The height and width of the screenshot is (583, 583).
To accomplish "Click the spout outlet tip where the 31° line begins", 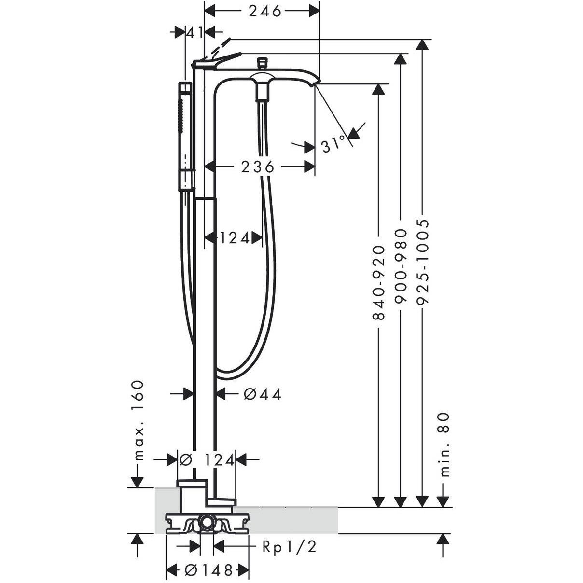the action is pos(315,85).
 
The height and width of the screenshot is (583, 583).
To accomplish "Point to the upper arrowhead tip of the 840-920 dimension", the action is pos(378,84).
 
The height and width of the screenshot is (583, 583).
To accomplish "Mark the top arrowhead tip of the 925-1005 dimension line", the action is pos(422,40).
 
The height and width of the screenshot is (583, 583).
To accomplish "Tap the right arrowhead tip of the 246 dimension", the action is pos(319,12).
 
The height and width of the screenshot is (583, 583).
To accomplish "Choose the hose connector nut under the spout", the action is pos(262,92).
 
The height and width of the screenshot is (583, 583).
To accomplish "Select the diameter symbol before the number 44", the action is pos(250,394).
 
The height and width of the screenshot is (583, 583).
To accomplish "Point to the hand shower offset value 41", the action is pos(194,32).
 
